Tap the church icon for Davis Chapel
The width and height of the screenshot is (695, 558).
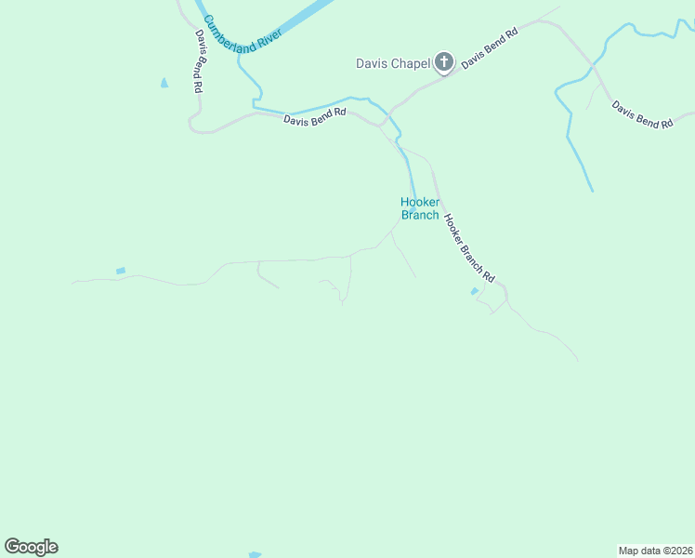click(444, 63)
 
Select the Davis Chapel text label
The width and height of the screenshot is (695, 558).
click(393, 63)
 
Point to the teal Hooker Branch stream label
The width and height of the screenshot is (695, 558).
click(419, 208)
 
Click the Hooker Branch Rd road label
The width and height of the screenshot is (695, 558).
click(468, 248)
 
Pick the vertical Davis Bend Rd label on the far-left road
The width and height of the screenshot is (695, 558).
click(199, 61)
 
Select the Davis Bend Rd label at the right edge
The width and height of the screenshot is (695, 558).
click(642, 115)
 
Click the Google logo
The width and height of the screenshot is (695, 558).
click(31, 547)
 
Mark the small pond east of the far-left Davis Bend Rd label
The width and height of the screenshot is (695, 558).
click(164, 83)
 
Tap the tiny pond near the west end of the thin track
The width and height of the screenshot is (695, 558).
click(120, 271)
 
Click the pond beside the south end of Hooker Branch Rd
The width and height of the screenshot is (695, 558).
click(475, 292)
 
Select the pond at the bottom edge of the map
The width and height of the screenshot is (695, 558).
click(255, 555)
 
